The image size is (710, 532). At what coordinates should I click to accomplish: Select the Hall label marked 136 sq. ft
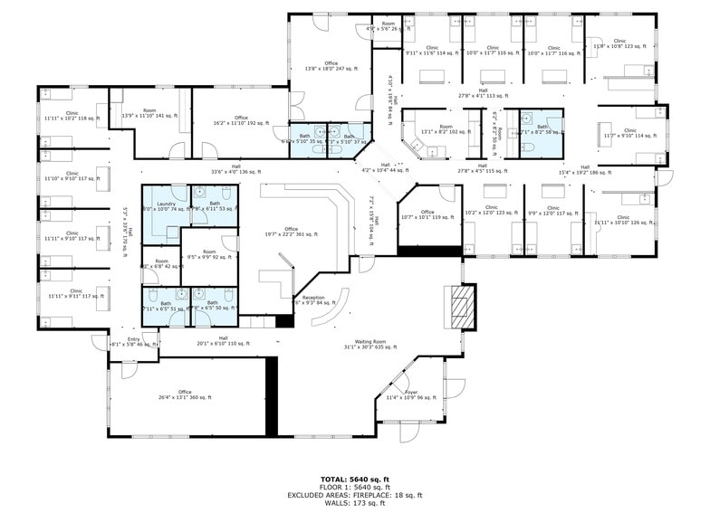[235, 169]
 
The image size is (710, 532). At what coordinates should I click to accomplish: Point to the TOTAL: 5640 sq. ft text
[355, 479]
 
